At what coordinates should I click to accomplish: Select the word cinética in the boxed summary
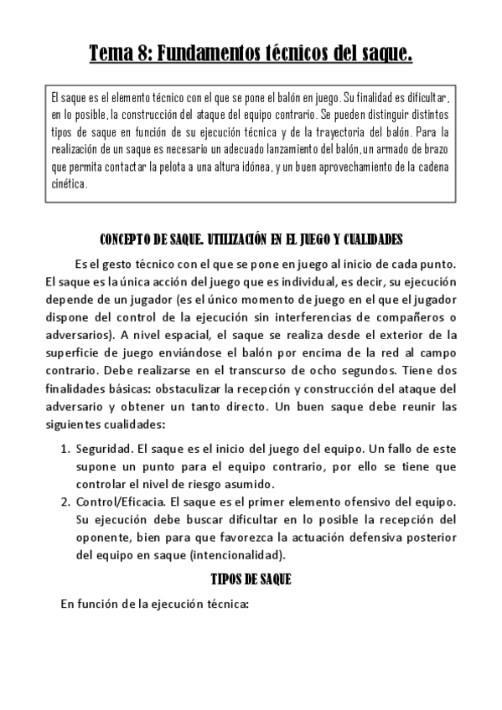point(69,186)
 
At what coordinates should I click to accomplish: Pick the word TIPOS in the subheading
point(229,579)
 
